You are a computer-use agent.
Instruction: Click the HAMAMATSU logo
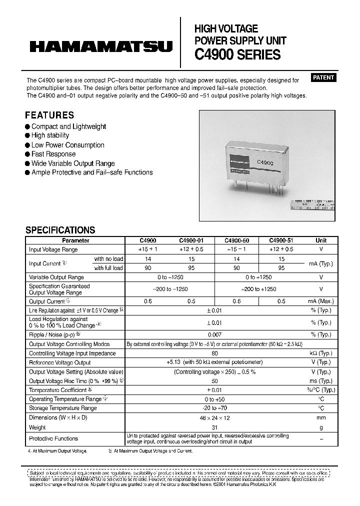point(101,47)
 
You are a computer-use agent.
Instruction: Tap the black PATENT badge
point(323,77)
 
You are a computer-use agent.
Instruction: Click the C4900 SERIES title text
point(237,55)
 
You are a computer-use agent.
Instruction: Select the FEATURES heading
point(49,115)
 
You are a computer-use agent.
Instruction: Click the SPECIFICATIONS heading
point(60,230)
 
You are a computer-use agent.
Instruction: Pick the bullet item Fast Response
point(53,154)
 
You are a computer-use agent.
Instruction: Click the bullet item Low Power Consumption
point(67,145)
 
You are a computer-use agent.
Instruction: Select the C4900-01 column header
point(191,240)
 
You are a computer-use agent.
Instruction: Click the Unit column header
point(321,240)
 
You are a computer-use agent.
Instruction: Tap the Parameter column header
point(75,240)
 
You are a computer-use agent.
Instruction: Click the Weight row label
point(37,427)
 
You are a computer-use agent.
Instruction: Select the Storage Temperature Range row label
point(63,408)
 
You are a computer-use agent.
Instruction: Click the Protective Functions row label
point(53,438)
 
